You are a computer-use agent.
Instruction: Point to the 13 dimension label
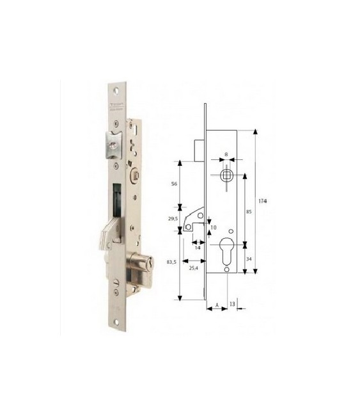click(x=231, y=303)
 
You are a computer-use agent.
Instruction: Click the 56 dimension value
click(x=174, y=184)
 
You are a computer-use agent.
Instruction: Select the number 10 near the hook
click(x=213, y=228)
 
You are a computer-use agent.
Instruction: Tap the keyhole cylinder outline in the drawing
click(x=227, y=250)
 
